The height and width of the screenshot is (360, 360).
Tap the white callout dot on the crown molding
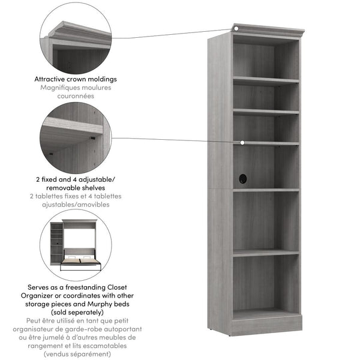coord(236,28)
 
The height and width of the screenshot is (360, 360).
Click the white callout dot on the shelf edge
coord(242,143)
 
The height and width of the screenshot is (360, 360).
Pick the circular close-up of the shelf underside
coord(76,137)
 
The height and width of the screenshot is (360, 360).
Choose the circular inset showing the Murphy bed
coord(76,245)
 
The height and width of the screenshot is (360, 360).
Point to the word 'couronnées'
coord(76,95)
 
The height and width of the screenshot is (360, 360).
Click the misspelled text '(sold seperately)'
coord(76,313)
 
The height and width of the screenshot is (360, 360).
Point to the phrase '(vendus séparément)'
coord(76,355)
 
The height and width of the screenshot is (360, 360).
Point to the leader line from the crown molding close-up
coord(174,34)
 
